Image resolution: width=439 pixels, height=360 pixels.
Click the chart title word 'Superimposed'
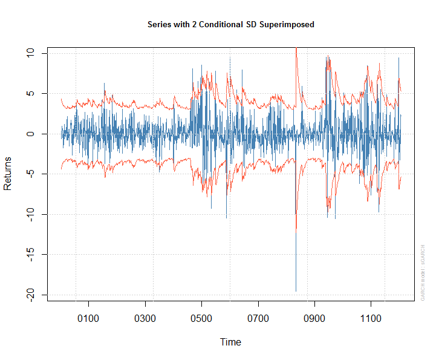pos(287,25)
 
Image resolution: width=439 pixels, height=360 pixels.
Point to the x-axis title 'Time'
pos(230,342)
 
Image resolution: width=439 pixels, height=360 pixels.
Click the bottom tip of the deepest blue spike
pos(296,291)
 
